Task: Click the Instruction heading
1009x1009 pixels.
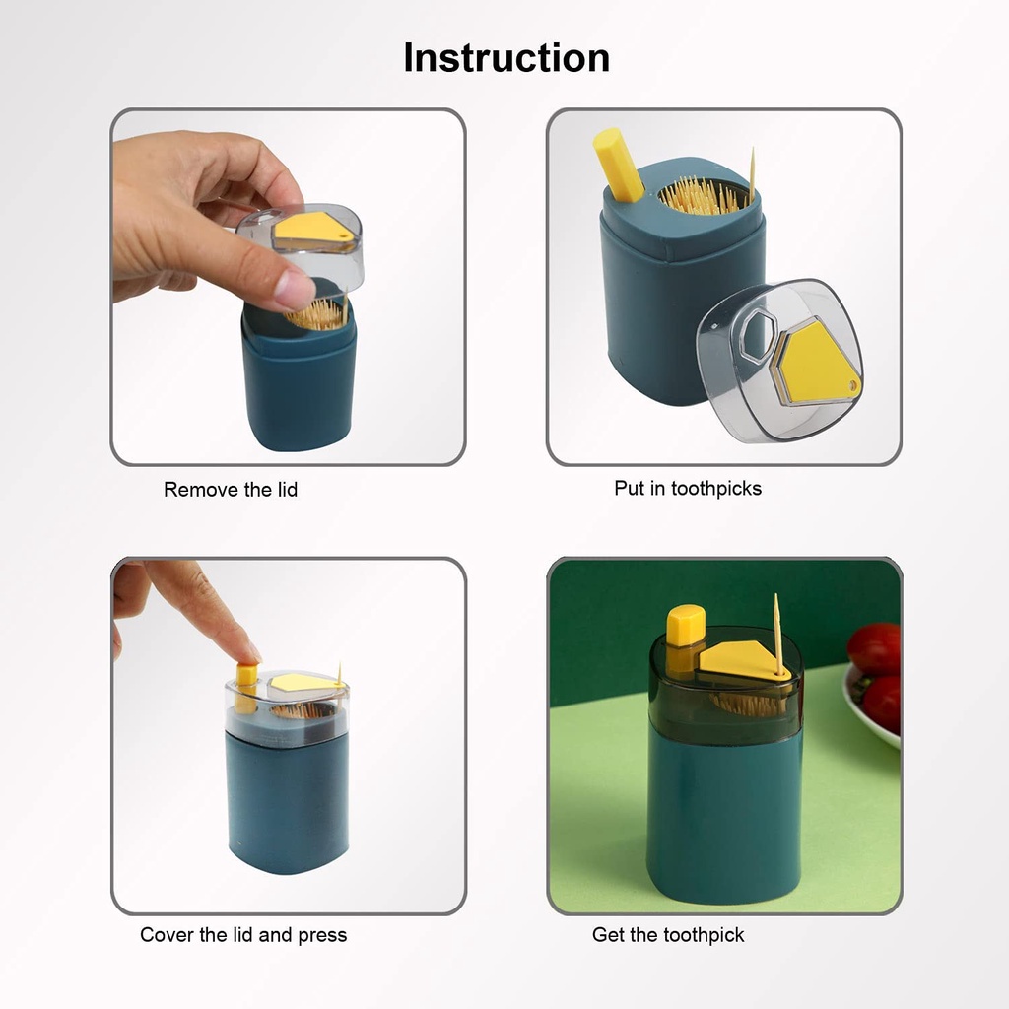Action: [x=506, y=58]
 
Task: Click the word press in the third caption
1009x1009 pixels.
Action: [x=322, y=936]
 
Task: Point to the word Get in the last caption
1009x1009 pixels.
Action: [x=607, y=934]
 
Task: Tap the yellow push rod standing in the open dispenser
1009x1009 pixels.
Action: [x=618, y=165]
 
